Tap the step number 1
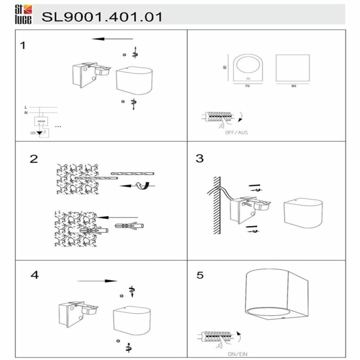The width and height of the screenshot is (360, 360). [22, 45]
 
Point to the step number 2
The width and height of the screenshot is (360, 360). [33, 158]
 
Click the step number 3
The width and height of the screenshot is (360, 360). [200, 158]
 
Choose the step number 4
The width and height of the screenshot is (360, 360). [34, 275]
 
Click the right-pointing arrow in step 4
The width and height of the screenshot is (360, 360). [98, 281]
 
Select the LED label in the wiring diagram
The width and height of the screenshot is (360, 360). [33, 133]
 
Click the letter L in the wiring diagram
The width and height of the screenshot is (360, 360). [26, 106]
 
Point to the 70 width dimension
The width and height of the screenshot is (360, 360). [247, 86]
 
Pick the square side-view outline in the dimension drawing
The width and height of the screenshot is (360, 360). [293, 67]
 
